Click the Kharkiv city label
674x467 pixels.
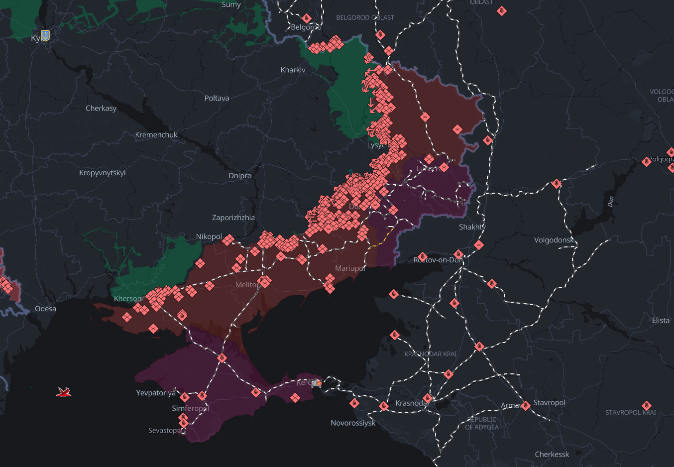[293, 70]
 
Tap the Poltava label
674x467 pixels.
[217, 98]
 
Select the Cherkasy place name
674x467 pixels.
[101, 108]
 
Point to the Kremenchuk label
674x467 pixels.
[156, 135]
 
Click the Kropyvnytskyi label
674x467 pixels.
[102, 173]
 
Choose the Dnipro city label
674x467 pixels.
[240, 176]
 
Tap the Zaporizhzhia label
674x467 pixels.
[233, 218]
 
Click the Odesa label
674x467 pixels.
[45, 309]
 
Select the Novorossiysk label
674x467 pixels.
[353, 423]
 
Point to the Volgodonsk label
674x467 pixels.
[554, 240]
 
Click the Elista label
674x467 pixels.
[661, 320]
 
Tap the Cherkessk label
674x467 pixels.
[552, 454]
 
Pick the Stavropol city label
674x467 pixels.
[549, 402]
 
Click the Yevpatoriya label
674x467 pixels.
[156, 393]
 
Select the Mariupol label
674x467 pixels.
[350, 268]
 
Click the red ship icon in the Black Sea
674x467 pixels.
[64, 392]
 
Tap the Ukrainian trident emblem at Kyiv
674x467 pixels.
[45, 35]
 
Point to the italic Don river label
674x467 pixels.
[611, 201]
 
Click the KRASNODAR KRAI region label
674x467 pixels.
[430, 354]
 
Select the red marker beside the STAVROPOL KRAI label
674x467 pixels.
[646, 405]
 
